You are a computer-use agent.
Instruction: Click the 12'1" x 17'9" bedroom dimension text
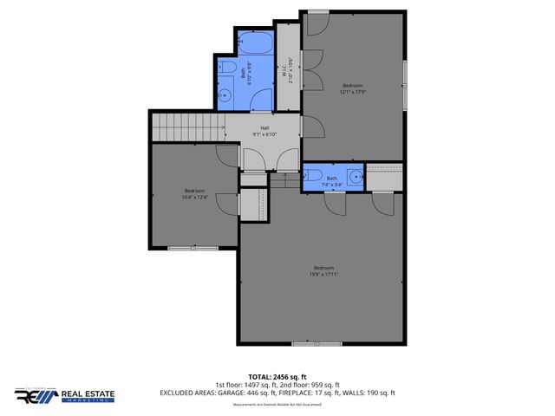click(352, 90)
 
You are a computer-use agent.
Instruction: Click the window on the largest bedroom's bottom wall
click(304, 344)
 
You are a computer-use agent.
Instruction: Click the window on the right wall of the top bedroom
click(405, 73)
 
